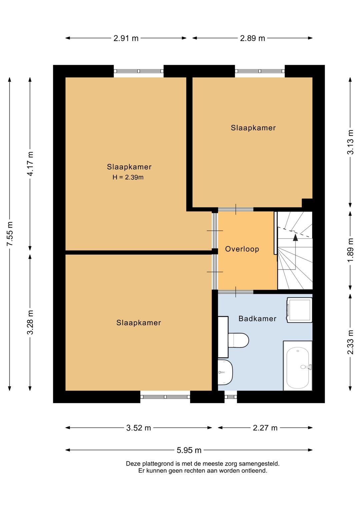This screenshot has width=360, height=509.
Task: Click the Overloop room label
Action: (242, 249)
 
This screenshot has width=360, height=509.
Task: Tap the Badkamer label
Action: (257, 319)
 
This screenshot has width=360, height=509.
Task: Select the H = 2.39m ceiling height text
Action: (128, 177)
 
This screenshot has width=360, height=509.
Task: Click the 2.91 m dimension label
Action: (126, 38)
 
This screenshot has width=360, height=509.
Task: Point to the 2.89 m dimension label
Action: (253, 38)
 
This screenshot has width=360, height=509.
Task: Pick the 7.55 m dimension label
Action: (10, 233)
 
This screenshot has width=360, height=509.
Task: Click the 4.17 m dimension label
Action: (30, 163)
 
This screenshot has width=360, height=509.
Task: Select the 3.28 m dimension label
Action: (30, 322)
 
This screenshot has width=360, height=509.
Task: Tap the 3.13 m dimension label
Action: (350, 142)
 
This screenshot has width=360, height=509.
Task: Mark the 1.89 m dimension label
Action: (350, 250)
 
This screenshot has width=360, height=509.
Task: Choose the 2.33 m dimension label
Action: (350, 342)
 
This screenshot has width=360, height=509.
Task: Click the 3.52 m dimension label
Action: (139, 428)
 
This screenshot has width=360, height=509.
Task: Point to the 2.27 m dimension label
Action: (265, 428)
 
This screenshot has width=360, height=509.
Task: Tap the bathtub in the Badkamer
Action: (298, 366)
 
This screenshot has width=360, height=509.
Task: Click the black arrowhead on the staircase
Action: (295, 237)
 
